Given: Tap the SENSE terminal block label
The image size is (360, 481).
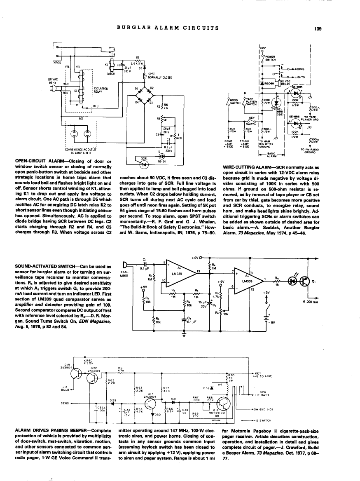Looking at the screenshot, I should pyautogui.click(x=58, y=62).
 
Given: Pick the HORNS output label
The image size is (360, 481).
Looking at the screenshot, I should pyautogui.click(x=300, y=69).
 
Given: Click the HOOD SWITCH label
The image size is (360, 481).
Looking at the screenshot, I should pyautogui.click(x=235, y=101).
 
